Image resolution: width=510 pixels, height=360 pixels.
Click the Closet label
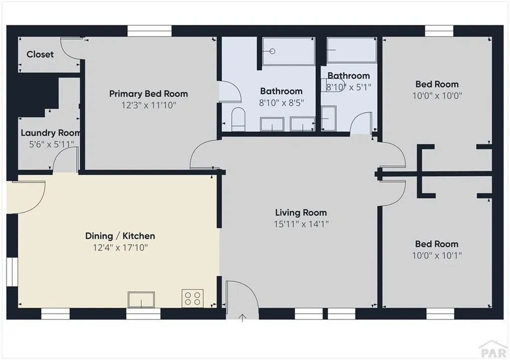(40, 54)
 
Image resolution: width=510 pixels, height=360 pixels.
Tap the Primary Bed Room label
(148, 94)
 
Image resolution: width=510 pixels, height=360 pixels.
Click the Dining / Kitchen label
(120, 236)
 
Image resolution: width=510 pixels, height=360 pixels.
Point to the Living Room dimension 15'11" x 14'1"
(301, 224)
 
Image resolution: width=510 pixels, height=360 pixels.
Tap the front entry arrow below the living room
(243, 318)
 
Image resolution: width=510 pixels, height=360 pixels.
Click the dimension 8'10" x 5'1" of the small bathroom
(349, 87)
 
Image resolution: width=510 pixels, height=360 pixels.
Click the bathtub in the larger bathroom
(288, 51)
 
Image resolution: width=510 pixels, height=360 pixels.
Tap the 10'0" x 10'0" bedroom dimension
(437, 96)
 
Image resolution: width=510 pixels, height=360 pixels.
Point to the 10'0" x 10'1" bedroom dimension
(437, 255)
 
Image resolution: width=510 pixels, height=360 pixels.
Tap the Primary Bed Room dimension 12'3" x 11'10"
(148, 105)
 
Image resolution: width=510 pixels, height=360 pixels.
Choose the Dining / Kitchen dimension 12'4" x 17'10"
(120, 247)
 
